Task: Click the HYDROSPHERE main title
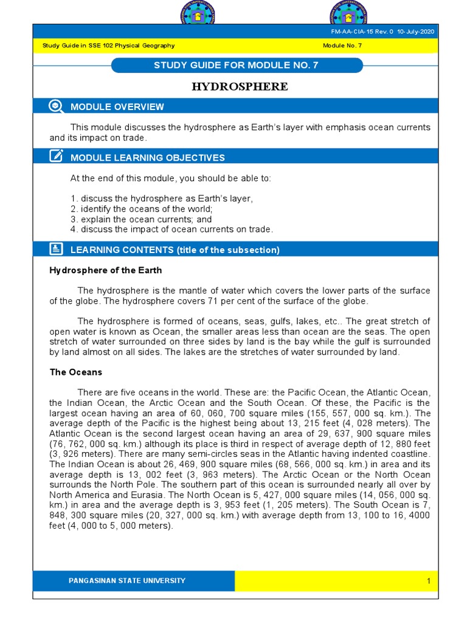[240, 86]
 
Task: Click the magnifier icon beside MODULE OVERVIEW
[56, 106]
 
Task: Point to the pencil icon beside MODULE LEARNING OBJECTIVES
[56, 157]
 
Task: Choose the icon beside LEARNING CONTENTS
[56, 249]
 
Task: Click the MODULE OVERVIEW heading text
[117, 107]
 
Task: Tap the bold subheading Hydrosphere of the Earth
[105, 270]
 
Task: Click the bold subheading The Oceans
[75, 372]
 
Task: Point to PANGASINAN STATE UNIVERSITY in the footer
[127, 580]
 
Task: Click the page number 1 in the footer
[428, 581]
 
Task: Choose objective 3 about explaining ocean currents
[141, 220]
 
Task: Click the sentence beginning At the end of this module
[171, 179]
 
